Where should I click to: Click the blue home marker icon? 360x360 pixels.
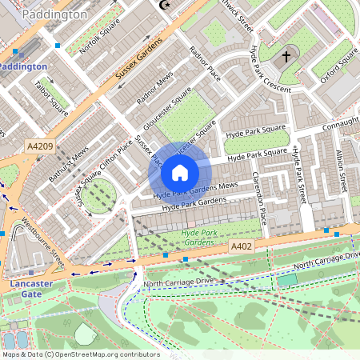180,172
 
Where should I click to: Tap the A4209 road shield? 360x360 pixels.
39,146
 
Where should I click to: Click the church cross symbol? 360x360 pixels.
286,57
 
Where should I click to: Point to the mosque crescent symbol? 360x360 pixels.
166,5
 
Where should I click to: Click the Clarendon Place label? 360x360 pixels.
258,197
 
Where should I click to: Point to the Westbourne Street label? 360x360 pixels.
43,243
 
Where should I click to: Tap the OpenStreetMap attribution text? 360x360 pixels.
80,354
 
